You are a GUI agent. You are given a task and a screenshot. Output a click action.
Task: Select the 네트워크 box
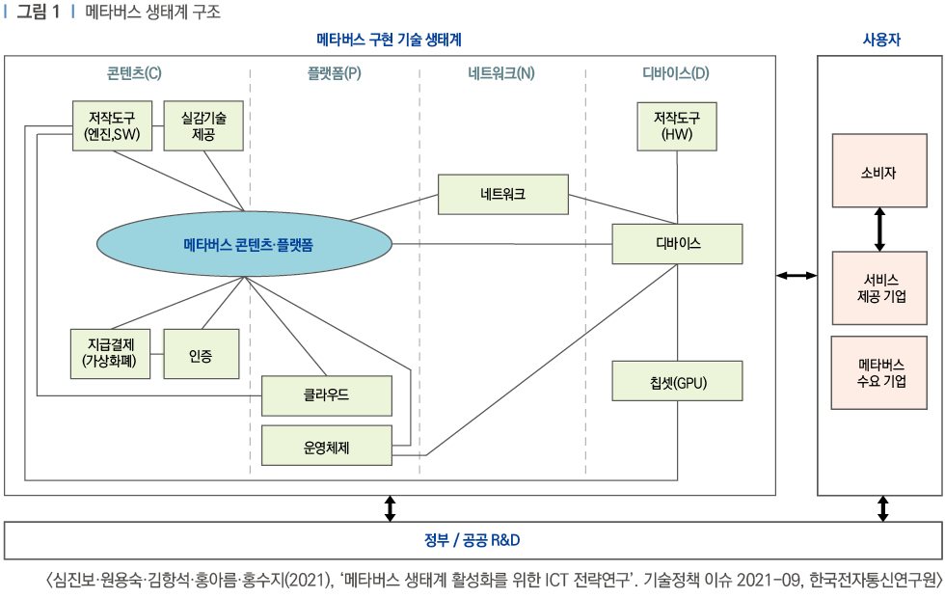pyautogui.click(x=502, y=194)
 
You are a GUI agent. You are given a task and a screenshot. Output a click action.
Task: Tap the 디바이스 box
pyautogui.click(x=677, y=244)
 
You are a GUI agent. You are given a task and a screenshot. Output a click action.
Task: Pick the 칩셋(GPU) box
pyautogui.click(x=677, y=381)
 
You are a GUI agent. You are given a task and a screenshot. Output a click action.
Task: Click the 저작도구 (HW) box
pyautogui.click(x=677, y=126)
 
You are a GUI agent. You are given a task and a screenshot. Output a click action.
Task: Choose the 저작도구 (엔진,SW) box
pyautogui.click(x=113, y=126)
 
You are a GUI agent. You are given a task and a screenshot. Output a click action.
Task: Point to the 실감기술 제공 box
pyautogui.click(x=202, y=126)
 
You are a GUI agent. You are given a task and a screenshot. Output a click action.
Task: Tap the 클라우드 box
pyautogui.click(x=327, y=395)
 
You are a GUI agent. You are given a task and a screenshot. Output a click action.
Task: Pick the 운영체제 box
pyautogui.click(x=327, y=445)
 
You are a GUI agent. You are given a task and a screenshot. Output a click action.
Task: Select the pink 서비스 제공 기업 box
pyautogui.click(x=878, y=287)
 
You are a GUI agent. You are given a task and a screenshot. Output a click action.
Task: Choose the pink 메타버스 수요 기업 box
pyautogui.click(x=878, y=373)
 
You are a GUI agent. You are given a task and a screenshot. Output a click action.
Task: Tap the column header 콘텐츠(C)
pyautogui.click(x=134, y=73)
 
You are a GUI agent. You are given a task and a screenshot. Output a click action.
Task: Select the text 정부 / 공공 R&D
pyautogui.click(x=472, y=540)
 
